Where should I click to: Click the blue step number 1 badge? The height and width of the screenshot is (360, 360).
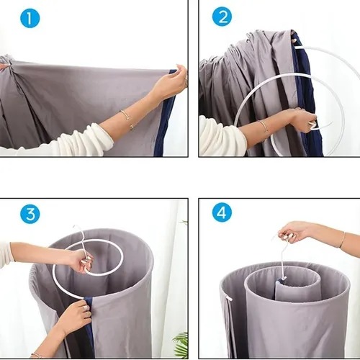[x=30, y=18]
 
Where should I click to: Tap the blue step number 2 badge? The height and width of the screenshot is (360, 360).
[x=222, y=17]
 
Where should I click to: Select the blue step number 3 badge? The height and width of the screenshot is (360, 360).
[x=30, y=214]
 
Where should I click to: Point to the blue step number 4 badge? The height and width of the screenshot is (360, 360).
[x=222, y=212]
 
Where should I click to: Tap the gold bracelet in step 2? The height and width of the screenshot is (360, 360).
[x=264, y=127]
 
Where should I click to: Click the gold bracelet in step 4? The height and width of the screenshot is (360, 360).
[x=342, y=240]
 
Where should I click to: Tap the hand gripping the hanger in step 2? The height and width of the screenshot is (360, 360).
[x=303, y=121]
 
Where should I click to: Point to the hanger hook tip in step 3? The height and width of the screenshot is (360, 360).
[x=73, y=228]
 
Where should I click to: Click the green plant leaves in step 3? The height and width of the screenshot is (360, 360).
[x=181, y=344]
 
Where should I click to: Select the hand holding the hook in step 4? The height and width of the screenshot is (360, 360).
[x=294, y=233]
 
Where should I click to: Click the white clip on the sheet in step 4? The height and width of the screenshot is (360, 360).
[x=228, y=298]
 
